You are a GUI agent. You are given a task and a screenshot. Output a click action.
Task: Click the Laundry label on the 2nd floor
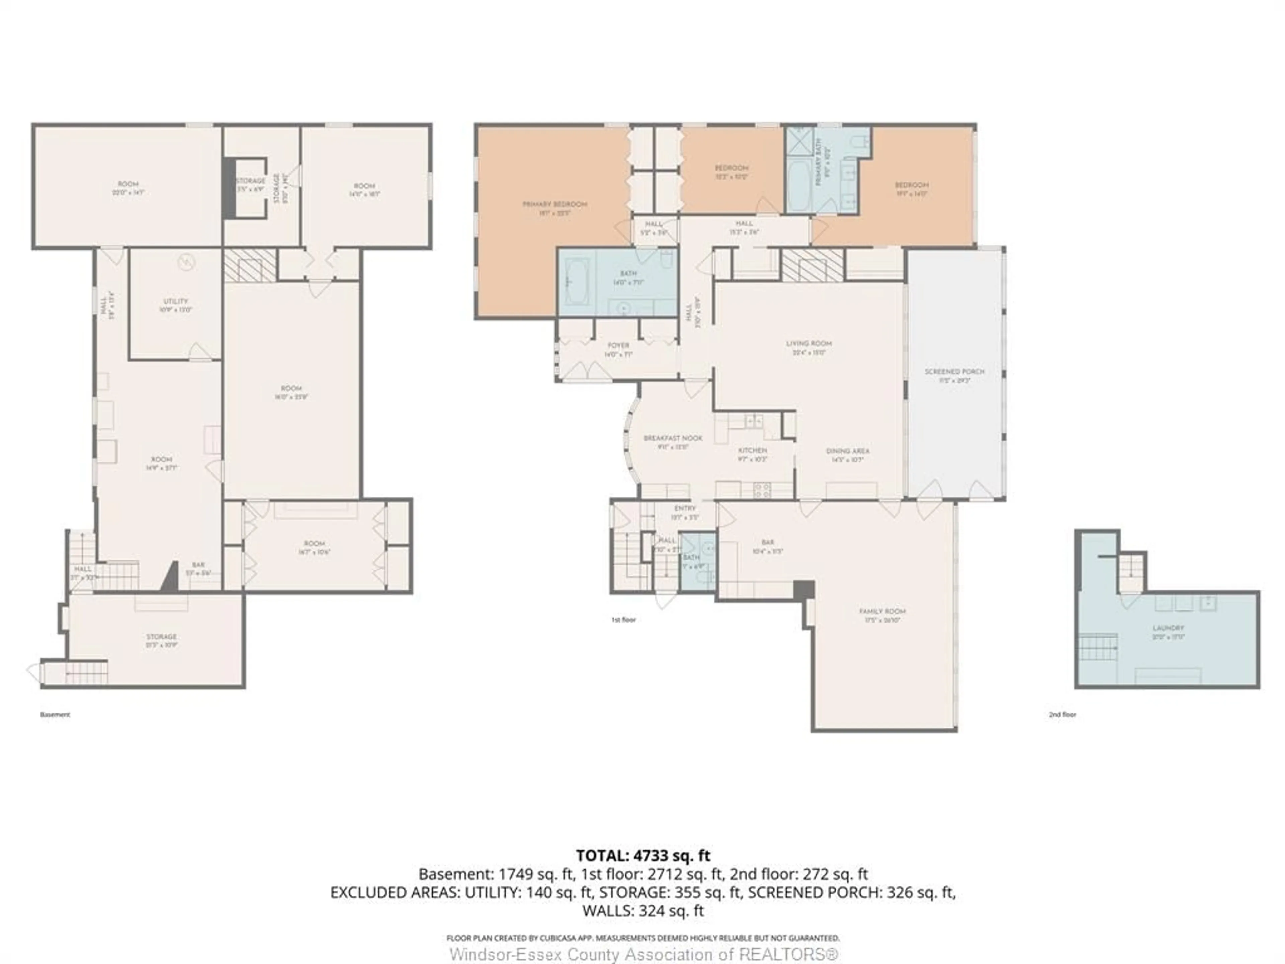[x=1168, y=628]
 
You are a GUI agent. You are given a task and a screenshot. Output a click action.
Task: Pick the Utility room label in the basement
[x=175, y=301]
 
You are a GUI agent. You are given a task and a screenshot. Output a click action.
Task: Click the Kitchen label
[x=752, y=450]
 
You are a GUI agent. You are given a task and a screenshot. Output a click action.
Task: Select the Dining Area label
[x=848, y=451]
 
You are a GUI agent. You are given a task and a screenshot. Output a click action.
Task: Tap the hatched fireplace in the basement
[x=250, y=265]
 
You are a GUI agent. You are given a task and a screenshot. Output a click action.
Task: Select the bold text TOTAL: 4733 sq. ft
[x=642, y=855]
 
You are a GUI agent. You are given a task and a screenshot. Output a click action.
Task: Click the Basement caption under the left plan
[x=55, y=715]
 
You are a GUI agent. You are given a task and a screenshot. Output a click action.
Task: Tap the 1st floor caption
[x=623, y=620]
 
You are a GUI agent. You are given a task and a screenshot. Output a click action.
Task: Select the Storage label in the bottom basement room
[x=161, y=637]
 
